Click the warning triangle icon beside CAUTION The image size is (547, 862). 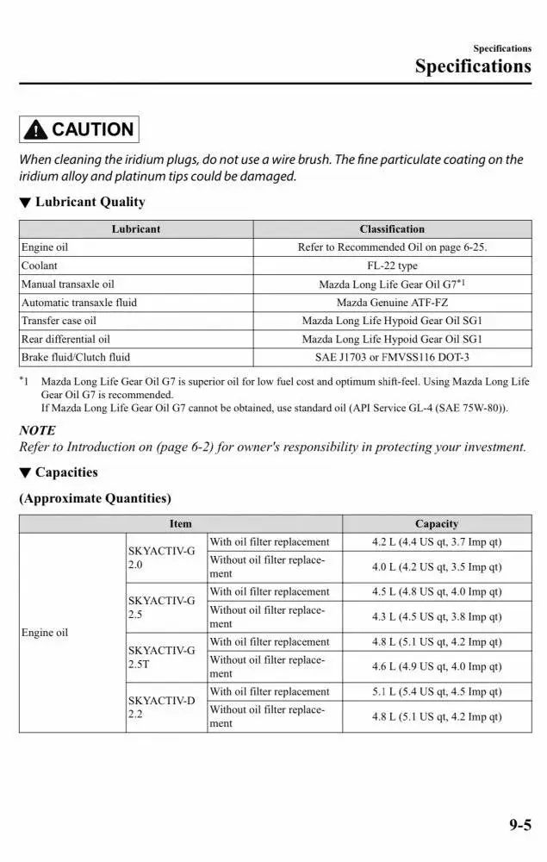36,130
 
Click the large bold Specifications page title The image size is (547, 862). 473,66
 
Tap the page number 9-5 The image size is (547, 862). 519,825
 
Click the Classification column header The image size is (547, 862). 392,229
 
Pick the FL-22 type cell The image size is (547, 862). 392,265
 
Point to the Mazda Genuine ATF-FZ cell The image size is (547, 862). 392,303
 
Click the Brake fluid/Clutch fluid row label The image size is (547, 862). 76,357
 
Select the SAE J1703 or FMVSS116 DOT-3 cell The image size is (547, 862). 392,357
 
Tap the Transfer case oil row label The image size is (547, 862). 59,321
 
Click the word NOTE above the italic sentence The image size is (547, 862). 37,430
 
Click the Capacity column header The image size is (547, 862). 437,523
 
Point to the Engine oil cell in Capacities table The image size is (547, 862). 45,633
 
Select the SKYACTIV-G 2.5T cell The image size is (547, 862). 161,657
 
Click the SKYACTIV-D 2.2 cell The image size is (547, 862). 161,707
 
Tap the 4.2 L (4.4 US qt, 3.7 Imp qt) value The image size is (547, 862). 437,542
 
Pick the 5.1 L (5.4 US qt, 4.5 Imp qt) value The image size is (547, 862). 437,691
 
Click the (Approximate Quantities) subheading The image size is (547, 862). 95,498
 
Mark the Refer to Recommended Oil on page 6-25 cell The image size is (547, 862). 392,247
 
